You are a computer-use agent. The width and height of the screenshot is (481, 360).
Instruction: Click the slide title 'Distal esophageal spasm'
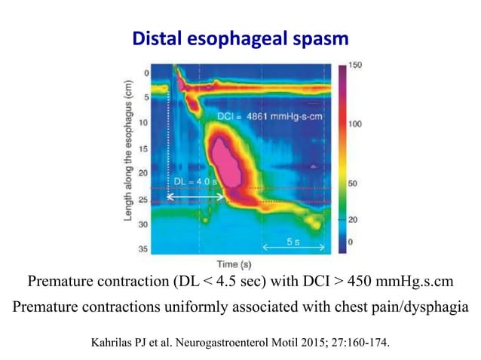pyautogui.click(x=240, y=37)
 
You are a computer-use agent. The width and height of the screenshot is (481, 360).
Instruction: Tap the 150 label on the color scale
pyautogui.click(x=354, y=66)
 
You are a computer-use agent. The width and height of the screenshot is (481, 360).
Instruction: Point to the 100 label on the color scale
pyautogui.click(x=354, y=122)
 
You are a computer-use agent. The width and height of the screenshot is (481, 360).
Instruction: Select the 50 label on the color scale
pyautogui.click(x=352, y=183)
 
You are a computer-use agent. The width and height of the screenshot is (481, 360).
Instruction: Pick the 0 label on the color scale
pyautogui.click(x=350, y=241)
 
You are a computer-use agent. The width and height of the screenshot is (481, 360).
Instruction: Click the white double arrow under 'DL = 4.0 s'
pyautogui.click(x=196, y=197)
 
